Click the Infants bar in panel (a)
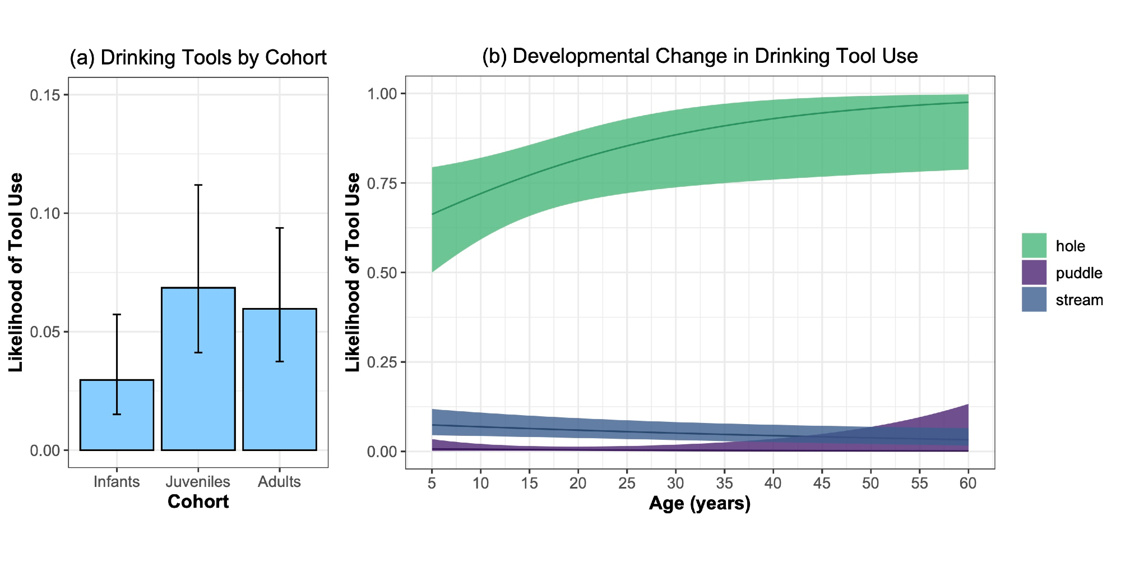(x=117, y=415)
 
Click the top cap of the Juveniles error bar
(x=198, y=185)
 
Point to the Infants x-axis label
(x=117, y=482)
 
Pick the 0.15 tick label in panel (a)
(x=45, y=95)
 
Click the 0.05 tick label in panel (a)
(x=45, y=332)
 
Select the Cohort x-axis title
(x=198, y=502)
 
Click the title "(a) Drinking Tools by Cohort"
(x=198, y=58)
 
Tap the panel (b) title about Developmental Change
(x=700, y=56)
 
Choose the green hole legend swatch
(x=1034, y=246)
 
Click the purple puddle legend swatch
(x=1034, y=273)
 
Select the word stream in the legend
(x=1079, y=300)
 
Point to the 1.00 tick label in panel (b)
(x=382, y=94)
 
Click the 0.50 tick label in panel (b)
(x=382, y=273)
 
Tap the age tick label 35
(x=724, y=483)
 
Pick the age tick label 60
(x=968, y=483)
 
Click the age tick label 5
(x=432, y=483)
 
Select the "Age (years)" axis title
(x=700, y=503)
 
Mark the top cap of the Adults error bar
(x=279, y=228)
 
